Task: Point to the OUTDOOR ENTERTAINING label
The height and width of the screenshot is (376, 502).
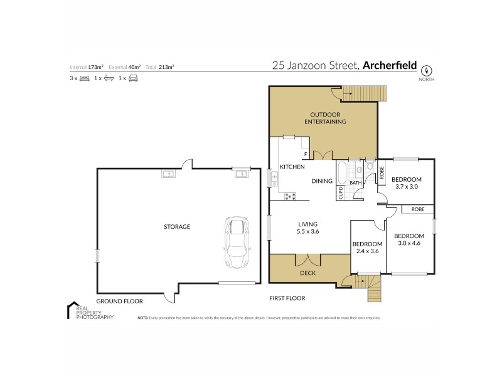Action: tap(325, 118)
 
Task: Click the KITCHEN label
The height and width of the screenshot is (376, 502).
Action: tap(292, 167)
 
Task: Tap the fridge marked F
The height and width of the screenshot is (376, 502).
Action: tap(306, 154)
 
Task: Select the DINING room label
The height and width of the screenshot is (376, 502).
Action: tap(323, 181)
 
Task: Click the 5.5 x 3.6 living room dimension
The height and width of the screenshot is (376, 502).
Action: tap(307, 231)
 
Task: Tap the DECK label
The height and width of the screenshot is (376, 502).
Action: tap(307, 273)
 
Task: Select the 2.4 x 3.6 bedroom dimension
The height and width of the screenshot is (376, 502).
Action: tap(367, 251)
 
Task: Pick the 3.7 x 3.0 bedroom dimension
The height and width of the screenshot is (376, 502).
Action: tap(407, 186)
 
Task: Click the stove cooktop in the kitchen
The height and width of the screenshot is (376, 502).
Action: tap(290, 197)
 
